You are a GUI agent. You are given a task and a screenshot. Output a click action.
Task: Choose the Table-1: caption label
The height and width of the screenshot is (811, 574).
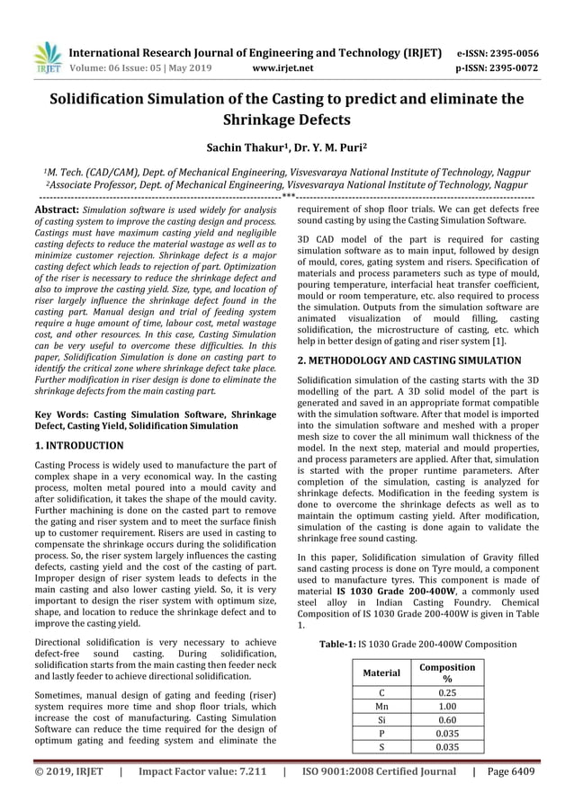(x=340, y=644)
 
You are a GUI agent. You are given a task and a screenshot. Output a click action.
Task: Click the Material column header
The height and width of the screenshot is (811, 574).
(x=381, y=672)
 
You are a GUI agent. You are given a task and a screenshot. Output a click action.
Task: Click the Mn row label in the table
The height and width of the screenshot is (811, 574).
(x=381, y=706)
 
